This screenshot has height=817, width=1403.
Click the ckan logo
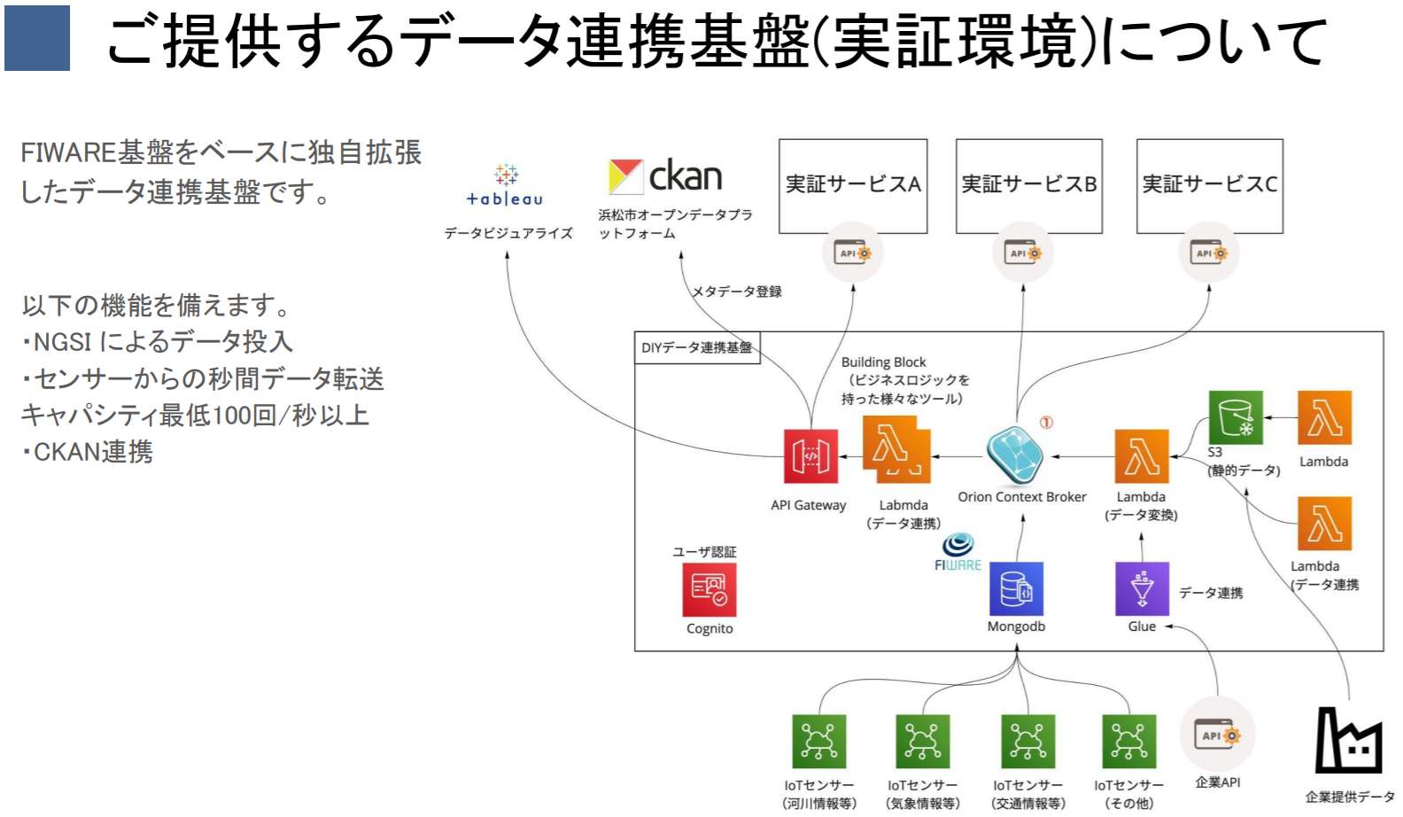(x=665, y=176)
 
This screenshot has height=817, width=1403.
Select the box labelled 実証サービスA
(x=853, y=185)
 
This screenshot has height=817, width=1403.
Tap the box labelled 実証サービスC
(x=1209, y=185)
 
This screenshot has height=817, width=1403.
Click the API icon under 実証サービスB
(x=1023, y=253)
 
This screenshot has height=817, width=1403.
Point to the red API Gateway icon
(x=810, y=456)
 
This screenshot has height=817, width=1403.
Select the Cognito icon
(x=709, y=589)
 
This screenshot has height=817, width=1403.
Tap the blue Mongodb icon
(x=1016, y=588)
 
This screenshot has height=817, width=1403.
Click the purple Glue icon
(x=1142, y=588)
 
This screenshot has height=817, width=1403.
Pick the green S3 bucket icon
(x=1236, y=416)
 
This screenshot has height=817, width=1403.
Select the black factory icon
(x=1348, y=741)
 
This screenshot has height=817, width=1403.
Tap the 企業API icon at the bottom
(x=1218, y=735)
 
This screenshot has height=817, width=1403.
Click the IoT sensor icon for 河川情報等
(x=818, y=741)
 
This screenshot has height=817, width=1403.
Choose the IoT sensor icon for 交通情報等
(x=1027, y=741)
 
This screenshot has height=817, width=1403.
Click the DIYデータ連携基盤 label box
(x=697, y=347)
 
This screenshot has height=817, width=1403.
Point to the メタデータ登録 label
(x=736, y=292)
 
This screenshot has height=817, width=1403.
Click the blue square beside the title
(x=37, y=38)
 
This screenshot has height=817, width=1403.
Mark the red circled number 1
(x=1046, y=423)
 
